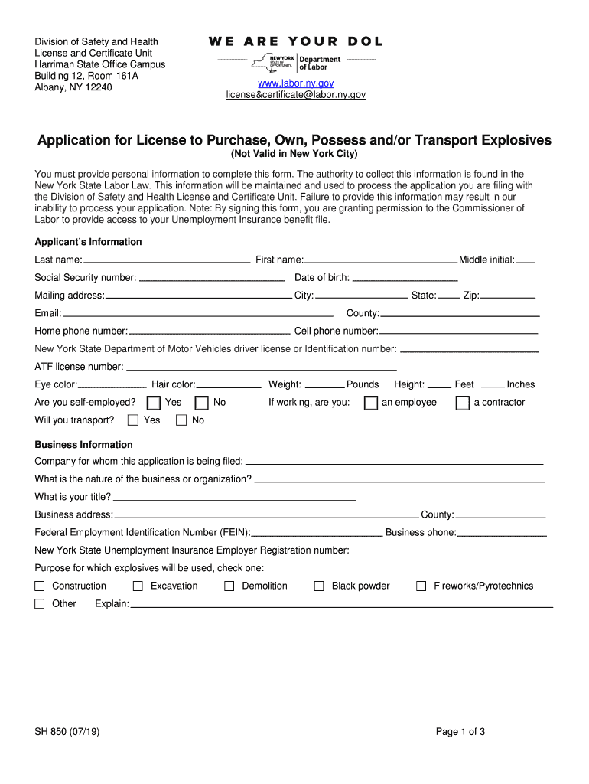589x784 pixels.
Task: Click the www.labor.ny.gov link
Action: pos(295,83)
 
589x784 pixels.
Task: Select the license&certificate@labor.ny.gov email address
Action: pos(295,95)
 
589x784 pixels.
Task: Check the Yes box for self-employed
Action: pos(154,403)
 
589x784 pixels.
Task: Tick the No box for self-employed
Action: pos(202,403)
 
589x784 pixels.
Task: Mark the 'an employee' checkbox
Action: pos(371,403)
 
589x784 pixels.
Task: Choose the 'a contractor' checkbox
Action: pos(462,403)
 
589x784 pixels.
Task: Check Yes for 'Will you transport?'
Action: pos(133,420)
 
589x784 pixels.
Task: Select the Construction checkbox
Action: pos(40,586)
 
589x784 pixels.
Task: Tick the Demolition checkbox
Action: pos(229,586)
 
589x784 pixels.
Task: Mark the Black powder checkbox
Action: pos(319,586)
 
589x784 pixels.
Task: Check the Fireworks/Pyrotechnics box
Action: pos(421,586)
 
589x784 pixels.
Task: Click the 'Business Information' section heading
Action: pos(84,445)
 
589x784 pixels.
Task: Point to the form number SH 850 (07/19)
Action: pos(67,732)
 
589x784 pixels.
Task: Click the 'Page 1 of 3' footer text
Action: pos(460,732)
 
